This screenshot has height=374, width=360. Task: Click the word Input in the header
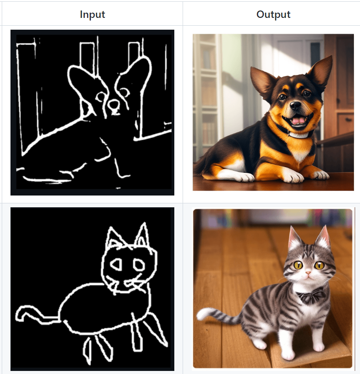pos(92,14)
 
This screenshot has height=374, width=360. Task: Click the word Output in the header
pos(273,14)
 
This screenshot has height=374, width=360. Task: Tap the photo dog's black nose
pos(295,105)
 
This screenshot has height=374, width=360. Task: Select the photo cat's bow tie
pos(310,295)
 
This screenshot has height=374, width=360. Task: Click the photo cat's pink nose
pos(308,272)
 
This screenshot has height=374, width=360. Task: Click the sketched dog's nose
pos(114,105)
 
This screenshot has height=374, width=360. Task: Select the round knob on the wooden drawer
pos(350,119)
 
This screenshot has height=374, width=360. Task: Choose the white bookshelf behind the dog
pos(207,96)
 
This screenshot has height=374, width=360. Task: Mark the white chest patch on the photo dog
pos(298,155)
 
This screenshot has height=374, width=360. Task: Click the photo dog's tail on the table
pos(201,165)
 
